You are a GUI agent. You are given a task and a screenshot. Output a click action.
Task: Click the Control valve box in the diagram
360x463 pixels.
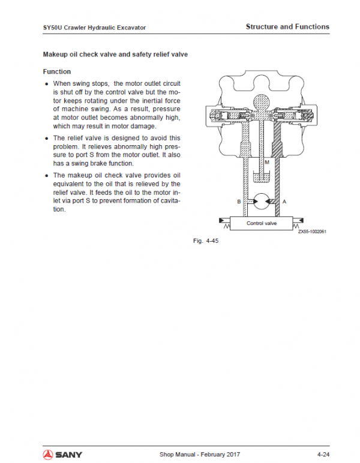point(262,223)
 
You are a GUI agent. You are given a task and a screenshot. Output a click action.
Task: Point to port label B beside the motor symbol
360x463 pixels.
point(239,202)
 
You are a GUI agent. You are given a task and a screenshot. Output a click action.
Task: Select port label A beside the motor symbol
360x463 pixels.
point(284,202)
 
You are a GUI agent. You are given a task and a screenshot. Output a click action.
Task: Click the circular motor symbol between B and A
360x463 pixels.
point(262,202)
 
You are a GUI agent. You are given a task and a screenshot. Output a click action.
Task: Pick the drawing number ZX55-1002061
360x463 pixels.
point(312,233)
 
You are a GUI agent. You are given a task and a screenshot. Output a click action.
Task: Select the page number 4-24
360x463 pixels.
point(323,454)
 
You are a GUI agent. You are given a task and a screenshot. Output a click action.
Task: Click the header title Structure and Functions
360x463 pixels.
point(287,27)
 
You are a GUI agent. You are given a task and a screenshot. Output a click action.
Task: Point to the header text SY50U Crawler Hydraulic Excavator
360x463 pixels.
point(94,28)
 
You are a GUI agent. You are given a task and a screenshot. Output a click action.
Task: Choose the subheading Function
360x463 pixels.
point(57,72)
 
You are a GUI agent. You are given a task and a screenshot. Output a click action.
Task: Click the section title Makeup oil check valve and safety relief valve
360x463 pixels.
point(115,55)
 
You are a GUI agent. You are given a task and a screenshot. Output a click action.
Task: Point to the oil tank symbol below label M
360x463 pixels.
point(262,176)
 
